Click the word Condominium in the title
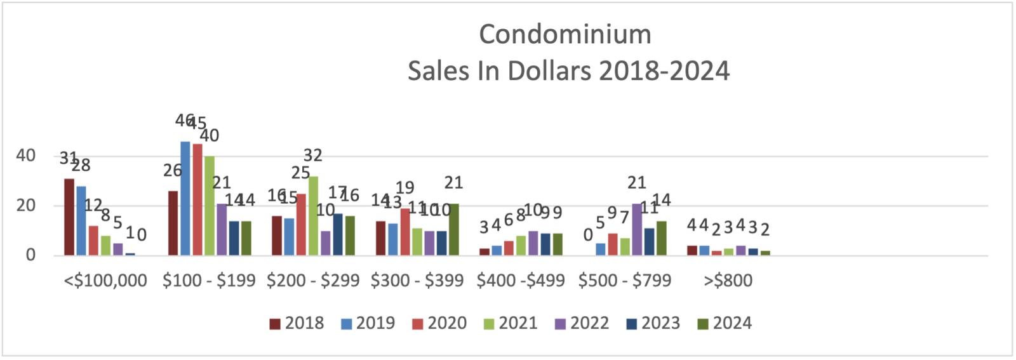(x=565, y=34)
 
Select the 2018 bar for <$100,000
(x=69, y=217)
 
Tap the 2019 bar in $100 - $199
(x=185, y=198)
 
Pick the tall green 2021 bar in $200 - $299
(x=313, y=216)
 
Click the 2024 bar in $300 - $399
(x=453, y=229)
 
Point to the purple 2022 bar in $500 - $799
(x=637, y=229)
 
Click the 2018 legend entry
(x=297, y=323)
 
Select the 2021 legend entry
(x=511, y=323)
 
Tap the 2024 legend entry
(x=725, y=323)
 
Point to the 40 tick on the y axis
(x=25, y=156)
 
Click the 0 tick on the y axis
(x=30, y=255)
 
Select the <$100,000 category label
(x=105, y=281)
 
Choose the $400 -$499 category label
(x=521, y=281)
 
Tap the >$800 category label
(x=728, y=281)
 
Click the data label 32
(x=313, y=156)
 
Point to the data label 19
(x=405, y=188)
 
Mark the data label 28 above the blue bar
(x=81, y=166)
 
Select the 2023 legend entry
(x=653, y=323)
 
